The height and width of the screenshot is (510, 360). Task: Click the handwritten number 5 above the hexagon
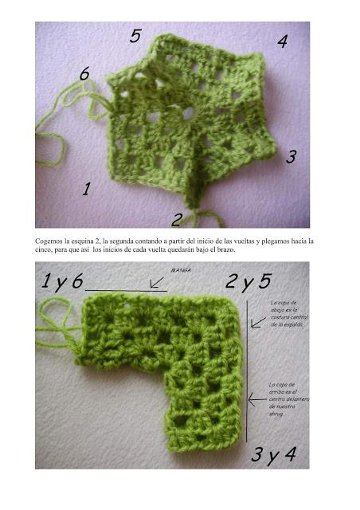click(135, 36)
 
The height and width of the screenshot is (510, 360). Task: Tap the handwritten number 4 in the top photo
click(282, 42)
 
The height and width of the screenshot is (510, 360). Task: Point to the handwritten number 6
click(84, 74)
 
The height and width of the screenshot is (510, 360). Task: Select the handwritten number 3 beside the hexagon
click(292, 158)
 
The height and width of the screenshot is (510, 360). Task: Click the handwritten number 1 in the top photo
click(86, 190)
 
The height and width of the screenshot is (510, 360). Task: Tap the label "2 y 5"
click(248, 281)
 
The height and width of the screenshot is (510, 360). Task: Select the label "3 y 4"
click(273, 456)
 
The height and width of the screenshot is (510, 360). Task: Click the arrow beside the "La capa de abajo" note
click(257, 323)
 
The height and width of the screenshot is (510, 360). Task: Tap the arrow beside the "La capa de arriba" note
click(256, 396)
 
